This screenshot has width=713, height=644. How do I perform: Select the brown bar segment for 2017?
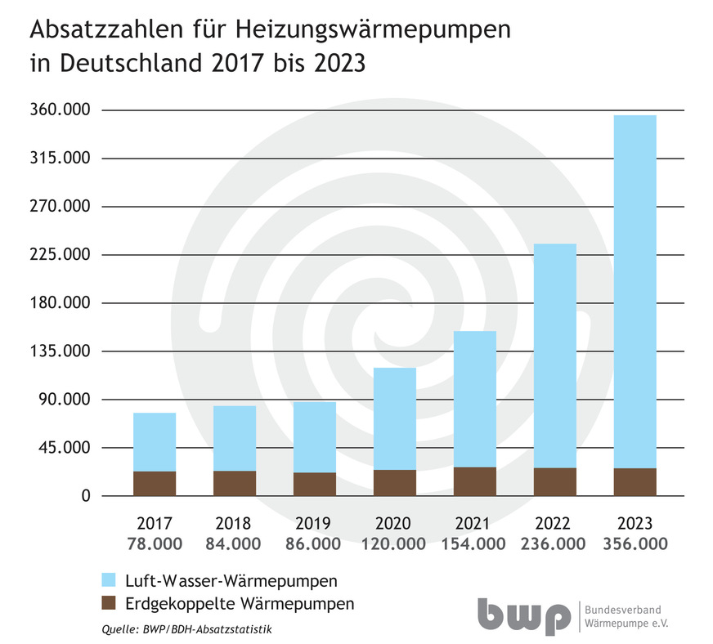[155, 483]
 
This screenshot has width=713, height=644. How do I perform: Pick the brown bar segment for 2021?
[475, 481]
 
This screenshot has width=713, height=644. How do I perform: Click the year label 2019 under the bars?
[315, 524]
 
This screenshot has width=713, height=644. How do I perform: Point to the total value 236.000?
[555, 544]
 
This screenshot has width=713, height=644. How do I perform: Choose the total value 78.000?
[155, 544]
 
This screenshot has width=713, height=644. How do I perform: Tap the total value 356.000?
[635, 544]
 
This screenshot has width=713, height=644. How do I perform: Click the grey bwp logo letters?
[524, 616]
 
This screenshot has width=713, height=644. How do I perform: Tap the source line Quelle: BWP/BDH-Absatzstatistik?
[186, 629]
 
